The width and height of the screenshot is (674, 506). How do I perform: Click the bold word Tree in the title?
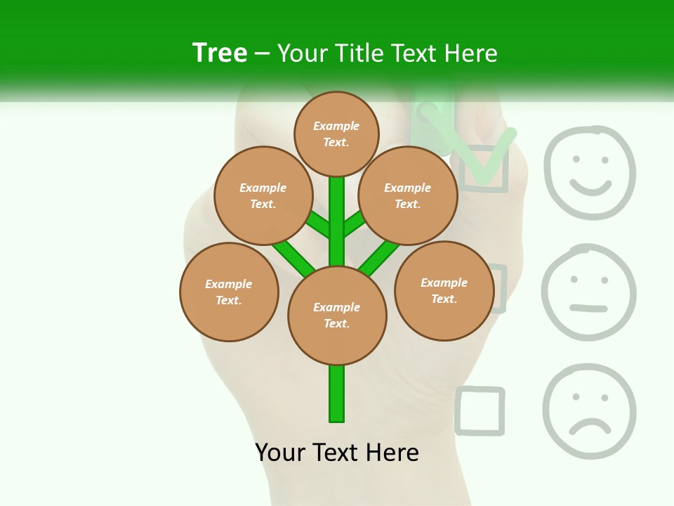coord(220,53)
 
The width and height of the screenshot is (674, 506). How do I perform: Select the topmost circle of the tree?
coord(336,134)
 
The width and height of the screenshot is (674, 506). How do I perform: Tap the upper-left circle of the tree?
coord(263,195)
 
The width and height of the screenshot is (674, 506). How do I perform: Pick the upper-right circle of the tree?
coord(408,195)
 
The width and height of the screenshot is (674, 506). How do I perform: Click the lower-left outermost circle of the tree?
coord(229,292)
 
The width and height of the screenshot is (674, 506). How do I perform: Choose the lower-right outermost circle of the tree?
coord(444,290)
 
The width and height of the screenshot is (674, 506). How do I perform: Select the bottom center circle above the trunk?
coord(337,316)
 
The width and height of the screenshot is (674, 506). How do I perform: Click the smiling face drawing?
coord(590,172)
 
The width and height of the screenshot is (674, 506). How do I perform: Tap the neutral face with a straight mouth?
coord(588,292)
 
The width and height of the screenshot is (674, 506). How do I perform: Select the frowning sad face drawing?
coord(588,411)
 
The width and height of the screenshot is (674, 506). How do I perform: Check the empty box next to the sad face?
coord(480,410)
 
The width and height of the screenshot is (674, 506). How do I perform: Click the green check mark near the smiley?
coord(484,158)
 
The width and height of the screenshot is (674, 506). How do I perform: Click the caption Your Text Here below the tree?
coord(337,453)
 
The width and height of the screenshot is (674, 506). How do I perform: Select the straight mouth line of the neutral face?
coord(588,307)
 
